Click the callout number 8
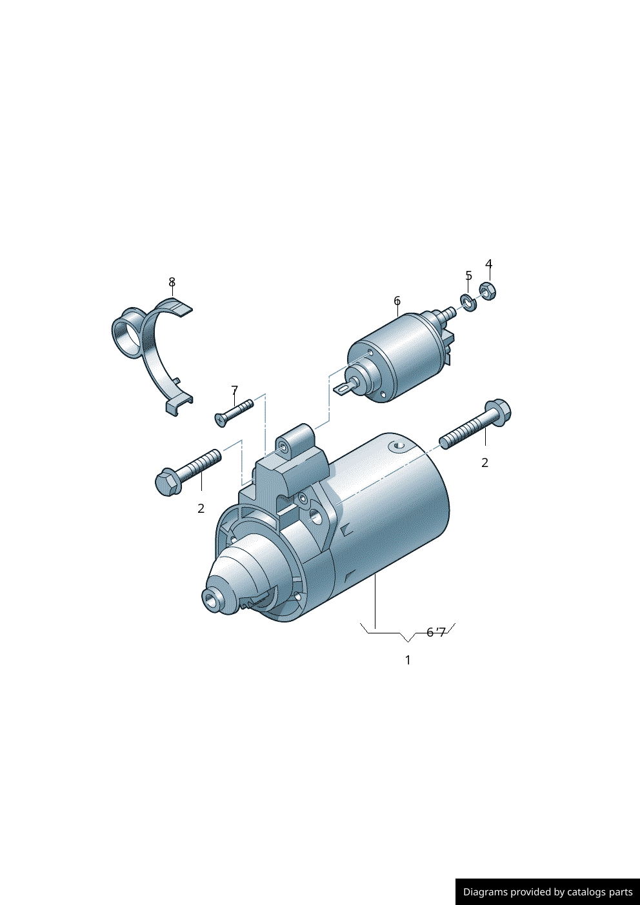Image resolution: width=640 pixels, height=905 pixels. (172, 282)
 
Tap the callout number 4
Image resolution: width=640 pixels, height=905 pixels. (488, 264)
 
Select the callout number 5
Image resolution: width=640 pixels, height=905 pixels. (468, 275)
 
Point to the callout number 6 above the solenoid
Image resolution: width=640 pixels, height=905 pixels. (397, 301)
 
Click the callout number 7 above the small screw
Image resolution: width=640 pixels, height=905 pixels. (234, 390)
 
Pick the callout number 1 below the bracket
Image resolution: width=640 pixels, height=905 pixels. (407, 660)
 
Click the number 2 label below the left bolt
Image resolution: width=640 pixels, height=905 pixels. (201, 508)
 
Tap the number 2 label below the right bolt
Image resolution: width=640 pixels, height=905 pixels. (485, 462)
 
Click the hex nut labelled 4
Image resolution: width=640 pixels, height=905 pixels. (488, 292)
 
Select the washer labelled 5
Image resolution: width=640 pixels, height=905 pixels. (469, 301)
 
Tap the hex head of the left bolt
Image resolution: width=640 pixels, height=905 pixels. (167, 482)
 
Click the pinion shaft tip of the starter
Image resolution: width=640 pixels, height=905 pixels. (212, 599)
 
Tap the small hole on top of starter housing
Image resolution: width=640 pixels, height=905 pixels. (397, 445)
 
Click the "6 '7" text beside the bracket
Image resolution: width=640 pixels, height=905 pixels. (436, 632)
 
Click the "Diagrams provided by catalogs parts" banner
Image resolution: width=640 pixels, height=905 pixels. (547, 891)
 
